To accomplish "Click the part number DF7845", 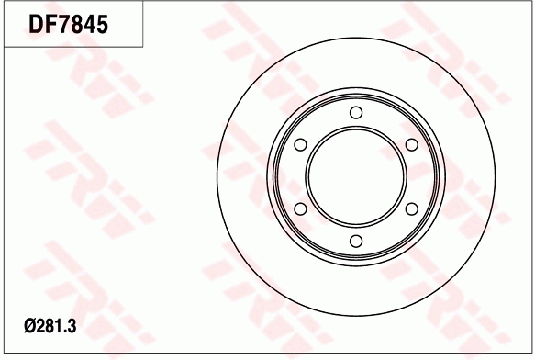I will coord(69,24).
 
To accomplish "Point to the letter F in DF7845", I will coord(53,24).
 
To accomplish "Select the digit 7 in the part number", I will coord(67,24).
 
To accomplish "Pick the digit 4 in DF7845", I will coord(91,24).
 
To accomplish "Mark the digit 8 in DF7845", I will coord(79,24).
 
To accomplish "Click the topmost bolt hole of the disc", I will coord(356,113).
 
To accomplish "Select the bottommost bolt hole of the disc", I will coord(356,242).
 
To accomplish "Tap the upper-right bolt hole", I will coord(411,145).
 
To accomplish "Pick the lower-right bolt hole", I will coord(411,209).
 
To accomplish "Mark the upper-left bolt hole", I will coord(300,145).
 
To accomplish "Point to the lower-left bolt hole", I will coord(300,209).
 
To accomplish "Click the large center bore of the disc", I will coord(356,177).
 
